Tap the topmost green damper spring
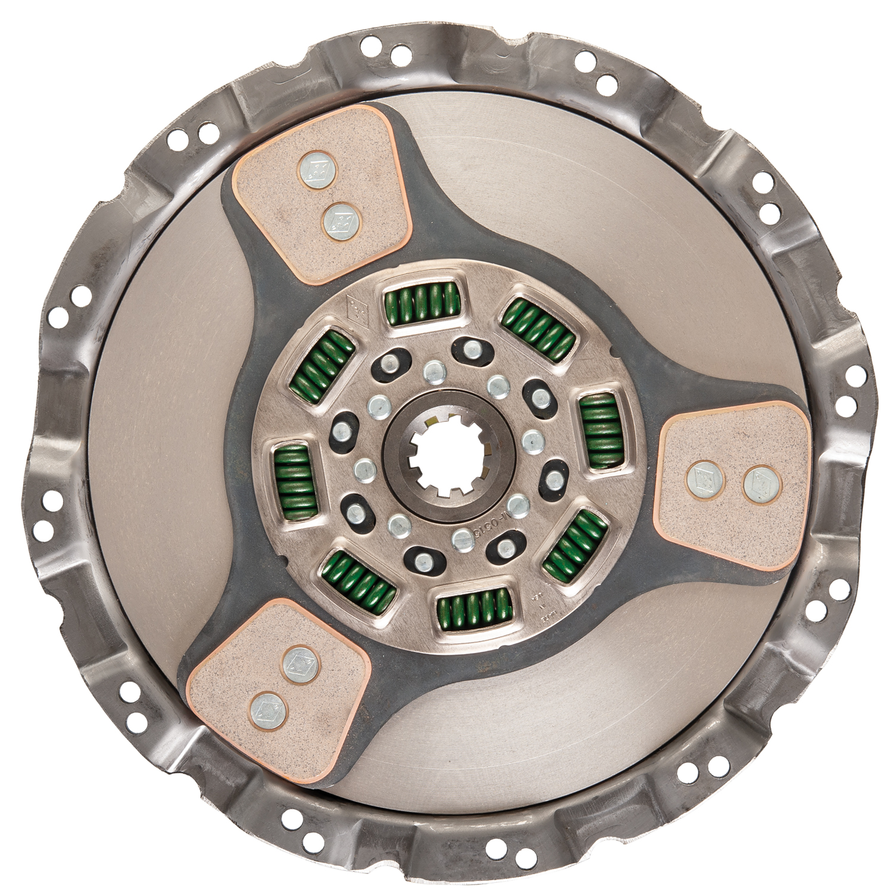(x=423, y=304)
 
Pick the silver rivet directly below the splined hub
(x=462, y=540)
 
